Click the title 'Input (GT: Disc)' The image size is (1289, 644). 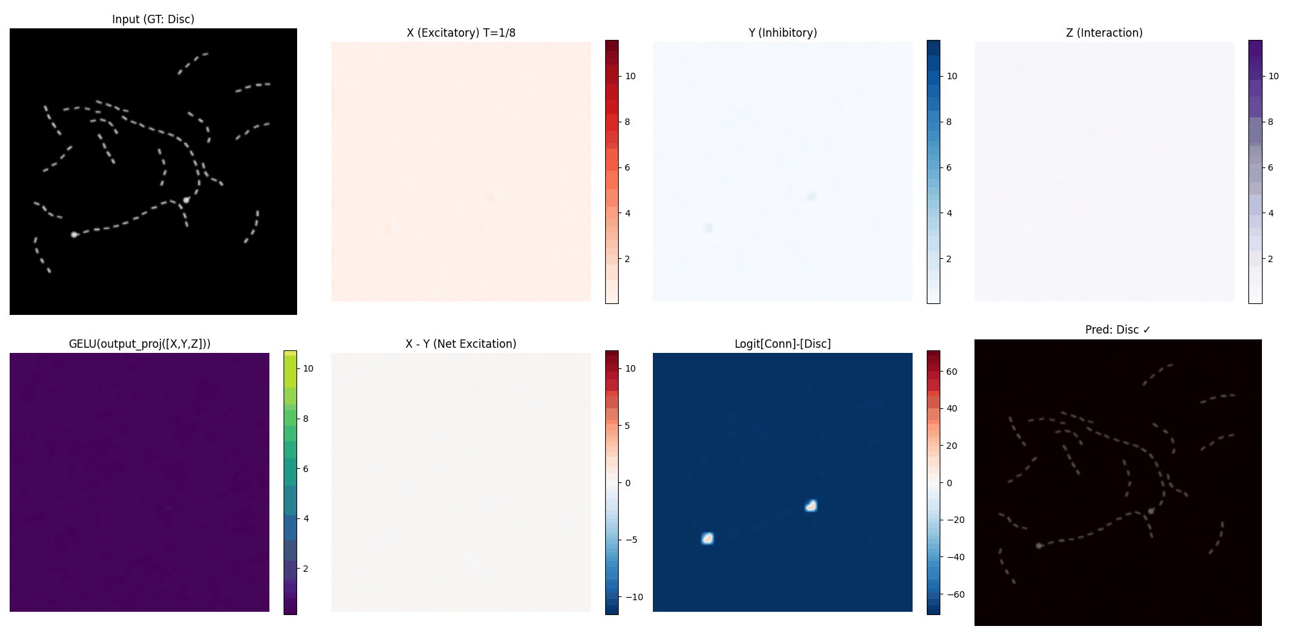(x=153, y=19)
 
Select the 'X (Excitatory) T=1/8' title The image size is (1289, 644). (x=461, y=33)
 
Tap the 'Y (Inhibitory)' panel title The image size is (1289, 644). (x=782, y=33)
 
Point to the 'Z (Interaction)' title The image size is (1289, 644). (x=1104, y=33)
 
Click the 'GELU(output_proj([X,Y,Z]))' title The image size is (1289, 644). (x=139, y=344)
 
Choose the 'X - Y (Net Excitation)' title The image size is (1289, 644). (x=461, y=344)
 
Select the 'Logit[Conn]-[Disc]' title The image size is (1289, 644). (x=782, y=344)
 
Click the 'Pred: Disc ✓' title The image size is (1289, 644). (x=1118, y=330)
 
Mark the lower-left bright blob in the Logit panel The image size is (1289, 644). (x=708, y=538)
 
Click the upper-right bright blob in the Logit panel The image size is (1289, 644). (x=811, y=506)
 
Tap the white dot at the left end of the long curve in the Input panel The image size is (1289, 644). (x=74, y=234)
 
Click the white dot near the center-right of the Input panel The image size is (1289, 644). (x=186, y=200)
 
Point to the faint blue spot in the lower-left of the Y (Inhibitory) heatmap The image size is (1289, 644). (x=709, y=228)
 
